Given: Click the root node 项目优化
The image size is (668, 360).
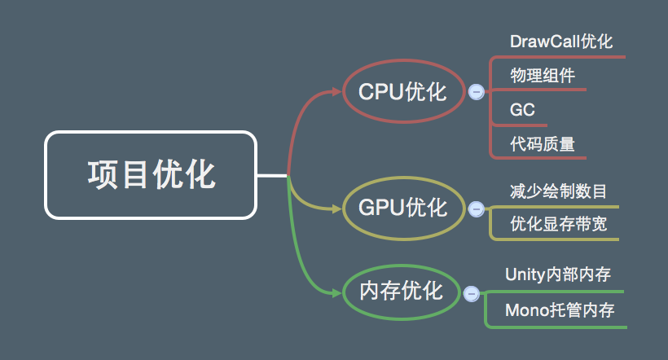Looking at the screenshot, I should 151,175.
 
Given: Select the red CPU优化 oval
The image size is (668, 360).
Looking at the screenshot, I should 403,91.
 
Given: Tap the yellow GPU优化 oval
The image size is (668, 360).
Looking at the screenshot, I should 403,208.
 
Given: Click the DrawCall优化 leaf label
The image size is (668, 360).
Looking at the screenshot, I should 560,42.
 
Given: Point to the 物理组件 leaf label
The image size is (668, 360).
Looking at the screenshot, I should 543,76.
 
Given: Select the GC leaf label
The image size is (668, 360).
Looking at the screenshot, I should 523,110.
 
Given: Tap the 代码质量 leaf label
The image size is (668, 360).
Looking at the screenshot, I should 543,144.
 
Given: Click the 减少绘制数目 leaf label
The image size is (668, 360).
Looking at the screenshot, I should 558,191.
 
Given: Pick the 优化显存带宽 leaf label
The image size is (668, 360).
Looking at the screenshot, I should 558,224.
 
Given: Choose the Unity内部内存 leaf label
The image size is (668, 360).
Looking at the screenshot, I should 558,274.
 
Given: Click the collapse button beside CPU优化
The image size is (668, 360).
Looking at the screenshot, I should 477,92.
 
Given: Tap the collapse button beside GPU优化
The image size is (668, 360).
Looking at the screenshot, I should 477,209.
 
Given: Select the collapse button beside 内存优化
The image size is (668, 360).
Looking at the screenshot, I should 470,293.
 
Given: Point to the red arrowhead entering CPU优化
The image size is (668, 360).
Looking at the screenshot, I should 336,91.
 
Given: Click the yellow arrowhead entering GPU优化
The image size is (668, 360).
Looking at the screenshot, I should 335,209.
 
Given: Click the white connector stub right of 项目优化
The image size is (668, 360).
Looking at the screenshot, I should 272,175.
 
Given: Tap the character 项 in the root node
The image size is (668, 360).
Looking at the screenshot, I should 103,175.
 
